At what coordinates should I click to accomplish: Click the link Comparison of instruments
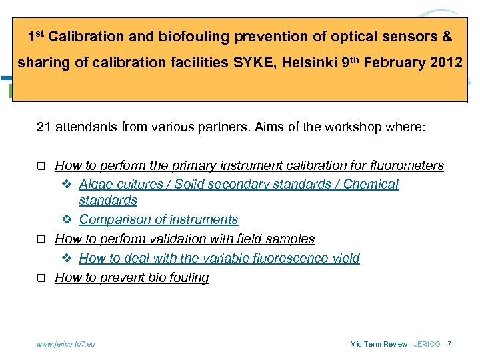(x=159, y=219)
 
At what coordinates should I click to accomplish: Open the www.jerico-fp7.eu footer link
(x=66, y=344)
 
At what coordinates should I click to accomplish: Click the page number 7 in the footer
(x=449, y=344)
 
